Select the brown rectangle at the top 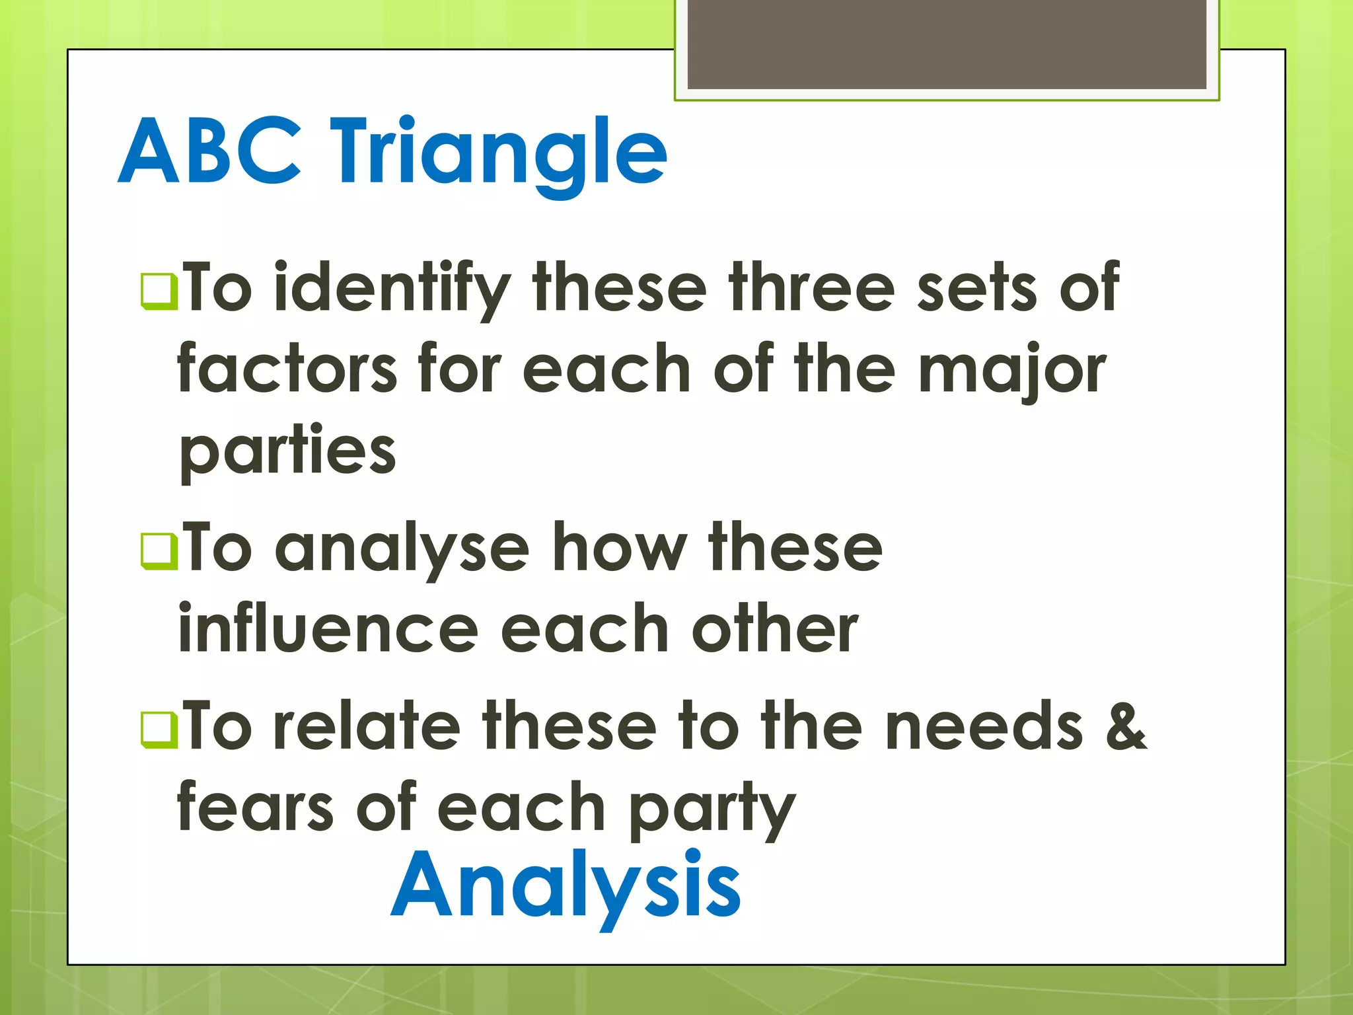[x=946, y=44]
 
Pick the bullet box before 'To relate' [x=159, y=730]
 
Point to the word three [x=812, y=287]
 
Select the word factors [x=287, y=369]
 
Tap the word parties [x=287, y=453]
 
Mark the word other [x=774, y=630]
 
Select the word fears [x=256, y=808]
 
